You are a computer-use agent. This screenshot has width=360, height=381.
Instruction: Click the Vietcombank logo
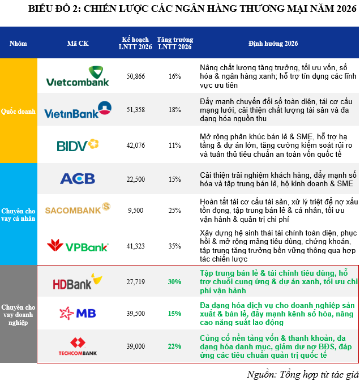(x=78, y=76)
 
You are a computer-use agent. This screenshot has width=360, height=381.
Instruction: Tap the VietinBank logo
(x=78, y=110)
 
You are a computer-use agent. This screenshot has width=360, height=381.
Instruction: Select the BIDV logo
(x=78, y=145)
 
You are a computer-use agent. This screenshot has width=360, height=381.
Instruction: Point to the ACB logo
(x=78, y=179)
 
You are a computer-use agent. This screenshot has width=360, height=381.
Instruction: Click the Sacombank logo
(x=78, y=210)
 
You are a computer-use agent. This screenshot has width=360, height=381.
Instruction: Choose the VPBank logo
(x=78, y=246)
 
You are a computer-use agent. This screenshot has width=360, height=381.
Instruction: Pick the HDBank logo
(x=78, y=281)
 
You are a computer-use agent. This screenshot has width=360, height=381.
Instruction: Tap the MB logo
(x=78, y=312)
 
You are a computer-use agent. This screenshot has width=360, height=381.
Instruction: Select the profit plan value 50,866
(x=136, y=76)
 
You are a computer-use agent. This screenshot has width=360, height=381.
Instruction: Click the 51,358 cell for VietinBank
(x=136, y=110)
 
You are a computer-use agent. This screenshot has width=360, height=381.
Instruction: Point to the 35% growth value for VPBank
(x=174, y=246)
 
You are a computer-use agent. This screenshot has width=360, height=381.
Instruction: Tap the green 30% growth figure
(x=174, y=281)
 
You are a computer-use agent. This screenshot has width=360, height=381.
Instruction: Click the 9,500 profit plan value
(x=136, y=210)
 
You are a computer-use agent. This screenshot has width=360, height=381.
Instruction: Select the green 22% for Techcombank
(x=174, y=345)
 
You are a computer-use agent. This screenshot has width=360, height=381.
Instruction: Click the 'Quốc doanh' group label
(x=18, y=112)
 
